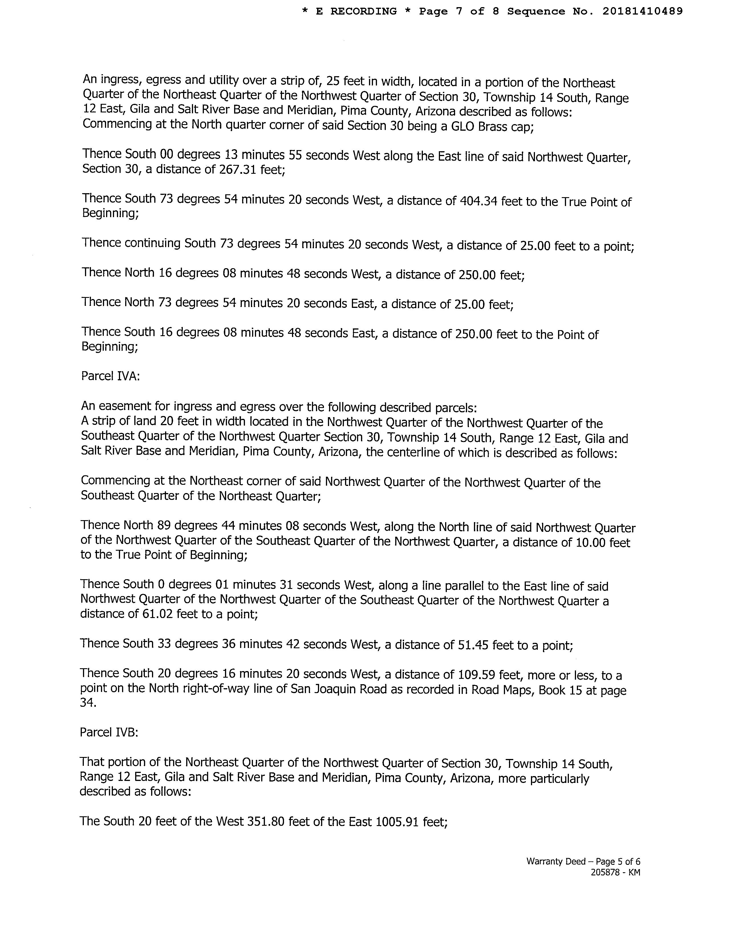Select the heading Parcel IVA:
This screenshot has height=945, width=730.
pyautogui.click(x=110, y=376)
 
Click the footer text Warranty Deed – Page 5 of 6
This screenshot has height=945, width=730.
pyautogui.click(x=583, y=861)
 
